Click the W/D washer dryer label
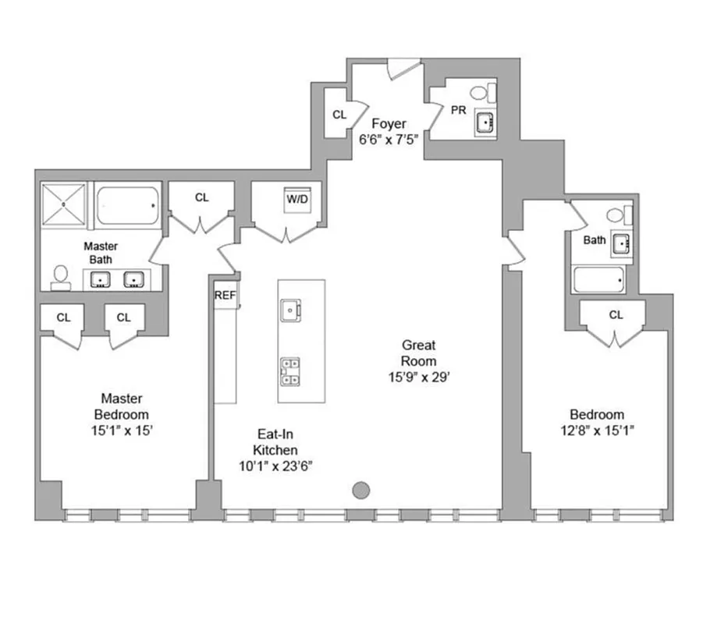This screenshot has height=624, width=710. coord(297,199)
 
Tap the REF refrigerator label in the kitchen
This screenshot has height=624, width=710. coord(225,295)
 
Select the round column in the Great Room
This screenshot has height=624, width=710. coord(360,490)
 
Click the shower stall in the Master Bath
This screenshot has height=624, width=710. coord(64,204)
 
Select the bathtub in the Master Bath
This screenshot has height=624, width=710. coord(128,205)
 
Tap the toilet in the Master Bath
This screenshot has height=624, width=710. coord(60,277)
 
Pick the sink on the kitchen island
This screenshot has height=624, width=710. coord(291,310)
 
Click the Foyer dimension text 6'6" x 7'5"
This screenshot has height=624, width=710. coord(389,140)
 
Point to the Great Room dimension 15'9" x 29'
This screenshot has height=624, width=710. coord(419,378)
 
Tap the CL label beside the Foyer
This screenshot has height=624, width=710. coord(339,115)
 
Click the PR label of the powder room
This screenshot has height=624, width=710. coord(458,111)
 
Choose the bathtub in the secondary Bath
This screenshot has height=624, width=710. coord(598,279)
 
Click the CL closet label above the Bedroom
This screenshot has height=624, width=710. coord(616,315)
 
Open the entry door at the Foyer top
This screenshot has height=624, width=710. coord(404,70)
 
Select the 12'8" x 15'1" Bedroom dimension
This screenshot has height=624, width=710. coord(597,431)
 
